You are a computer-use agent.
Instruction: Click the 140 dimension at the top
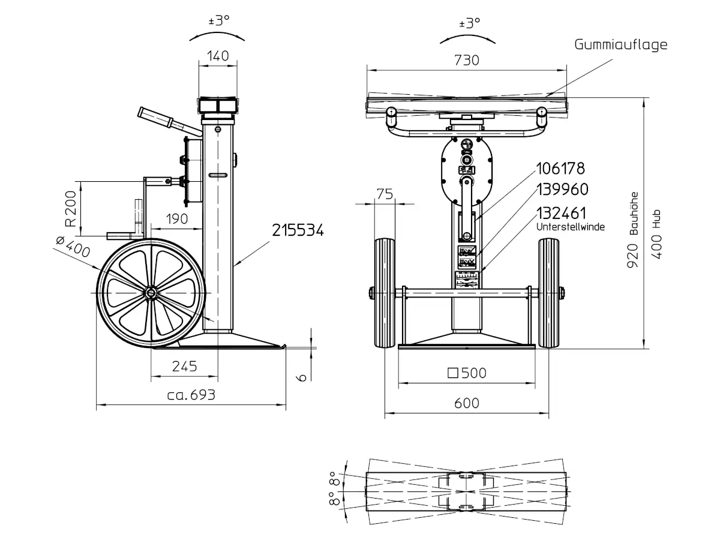point(218,56)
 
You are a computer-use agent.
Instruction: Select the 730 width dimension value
point(466,61)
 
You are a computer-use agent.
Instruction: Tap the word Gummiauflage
point(620,45)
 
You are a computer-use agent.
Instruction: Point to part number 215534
point(298,230)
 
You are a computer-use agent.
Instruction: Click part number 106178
point(560,169)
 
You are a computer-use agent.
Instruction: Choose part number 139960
point(562,190)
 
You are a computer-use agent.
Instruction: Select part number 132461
point(561,213)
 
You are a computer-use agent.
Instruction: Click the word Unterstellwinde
point(571,227)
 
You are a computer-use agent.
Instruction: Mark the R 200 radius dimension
point(71,209)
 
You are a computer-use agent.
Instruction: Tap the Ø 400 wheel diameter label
point(73,247)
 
